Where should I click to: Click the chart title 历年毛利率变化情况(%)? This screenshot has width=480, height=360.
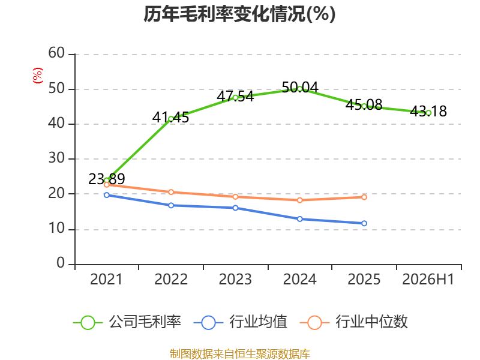coord(239,14)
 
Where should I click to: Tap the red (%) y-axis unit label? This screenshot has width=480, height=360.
coord(38,76)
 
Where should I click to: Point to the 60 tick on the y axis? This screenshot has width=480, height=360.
coord(56,53)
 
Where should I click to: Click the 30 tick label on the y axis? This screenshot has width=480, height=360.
coord(56,158)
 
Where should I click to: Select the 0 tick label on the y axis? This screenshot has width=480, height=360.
coord(61,263)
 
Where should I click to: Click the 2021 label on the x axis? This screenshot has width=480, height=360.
coord(106,279)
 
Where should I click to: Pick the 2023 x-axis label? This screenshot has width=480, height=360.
coord(235,279)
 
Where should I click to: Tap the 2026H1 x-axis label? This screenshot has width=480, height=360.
coord(428,279)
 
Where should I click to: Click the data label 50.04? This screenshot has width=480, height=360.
coord(300,88)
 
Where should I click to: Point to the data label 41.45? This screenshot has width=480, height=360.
coord(171,117)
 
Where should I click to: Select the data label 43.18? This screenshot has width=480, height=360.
coord(428,111)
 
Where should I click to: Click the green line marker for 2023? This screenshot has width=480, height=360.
coord(235,98)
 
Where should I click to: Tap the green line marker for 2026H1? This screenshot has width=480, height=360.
coord(428,113)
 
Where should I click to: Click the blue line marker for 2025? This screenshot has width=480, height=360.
coord(364,223)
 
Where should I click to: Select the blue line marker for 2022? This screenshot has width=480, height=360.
coord(171,205)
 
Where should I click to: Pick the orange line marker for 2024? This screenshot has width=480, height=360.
coord(300,200)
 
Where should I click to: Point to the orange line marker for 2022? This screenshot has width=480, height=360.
coord(171,192)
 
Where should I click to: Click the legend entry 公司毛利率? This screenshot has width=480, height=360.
coord(127,322)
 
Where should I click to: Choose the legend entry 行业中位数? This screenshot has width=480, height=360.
coord(354,322)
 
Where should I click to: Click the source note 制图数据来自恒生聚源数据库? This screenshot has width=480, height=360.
coord(239,354)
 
